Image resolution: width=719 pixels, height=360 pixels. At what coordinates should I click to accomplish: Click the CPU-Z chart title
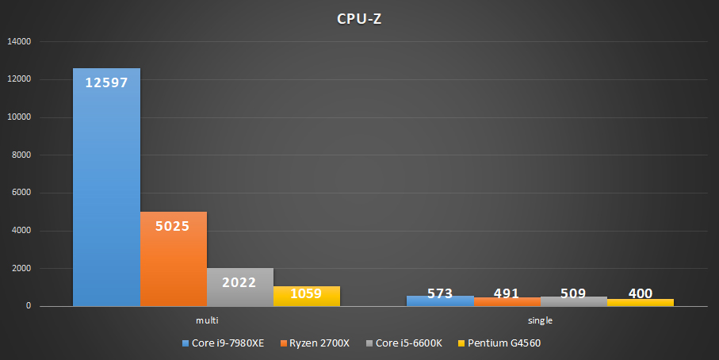[359, 19]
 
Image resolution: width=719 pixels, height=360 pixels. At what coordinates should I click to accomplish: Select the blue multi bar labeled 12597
[106, 190]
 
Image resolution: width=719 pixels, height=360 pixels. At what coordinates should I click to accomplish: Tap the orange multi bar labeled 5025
[173, 262]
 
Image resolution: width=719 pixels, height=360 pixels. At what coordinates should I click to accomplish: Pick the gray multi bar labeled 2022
[239, 289]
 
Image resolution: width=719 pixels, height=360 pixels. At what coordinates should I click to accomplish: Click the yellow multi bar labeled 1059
[306, 297]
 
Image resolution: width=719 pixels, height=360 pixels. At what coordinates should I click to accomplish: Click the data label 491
[506, 294]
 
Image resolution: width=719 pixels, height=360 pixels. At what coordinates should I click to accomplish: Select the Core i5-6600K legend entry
[404, 343]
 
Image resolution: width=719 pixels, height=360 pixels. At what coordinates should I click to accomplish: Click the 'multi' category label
[206, 320]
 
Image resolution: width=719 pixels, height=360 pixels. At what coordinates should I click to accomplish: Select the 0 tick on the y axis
[29, 306]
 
